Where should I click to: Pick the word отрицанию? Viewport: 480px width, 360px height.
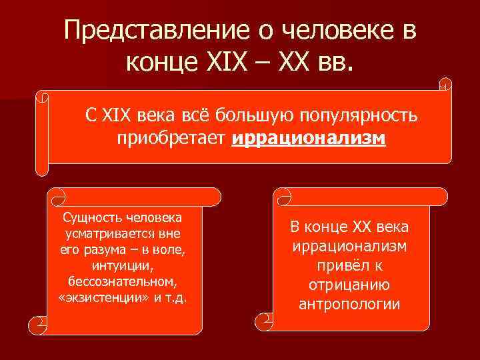(350, 285)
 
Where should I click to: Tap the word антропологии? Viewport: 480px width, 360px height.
(350, 305)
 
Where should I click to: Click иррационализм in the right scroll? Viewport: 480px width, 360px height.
(350, 247)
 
